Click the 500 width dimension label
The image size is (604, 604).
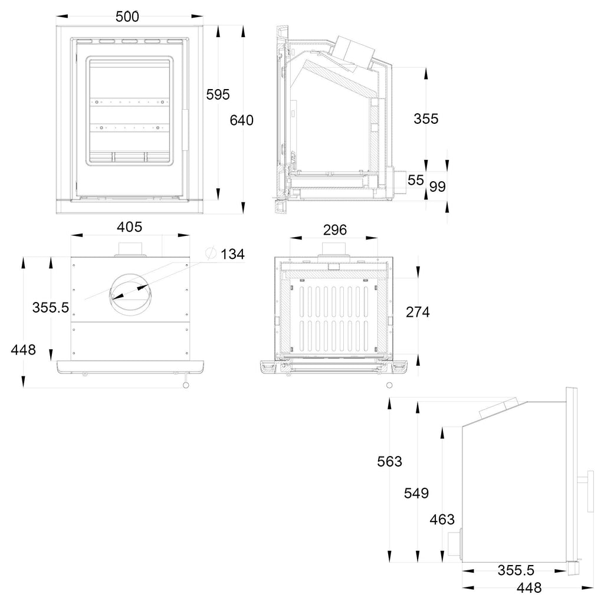127,17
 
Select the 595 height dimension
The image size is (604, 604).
218,94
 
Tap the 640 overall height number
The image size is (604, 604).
241,120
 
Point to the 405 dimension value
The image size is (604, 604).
129,227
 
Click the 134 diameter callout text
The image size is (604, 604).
232,254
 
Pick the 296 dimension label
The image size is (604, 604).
335,230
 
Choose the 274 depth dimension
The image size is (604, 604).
418,312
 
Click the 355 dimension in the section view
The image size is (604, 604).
426,119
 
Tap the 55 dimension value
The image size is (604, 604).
416,180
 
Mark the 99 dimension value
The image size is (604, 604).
438,186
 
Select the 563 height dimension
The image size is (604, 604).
389,461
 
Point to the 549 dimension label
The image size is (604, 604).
416,493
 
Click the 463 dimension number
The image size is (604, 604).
442,520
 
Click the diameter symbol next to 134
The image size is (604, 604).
211,253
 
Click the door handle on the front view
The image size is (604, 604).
185,130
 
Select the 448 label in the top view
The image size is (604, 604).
23,350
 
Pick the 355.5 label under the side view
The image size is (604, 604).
516,570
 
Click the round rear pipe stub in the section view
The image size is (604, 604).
398,180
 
